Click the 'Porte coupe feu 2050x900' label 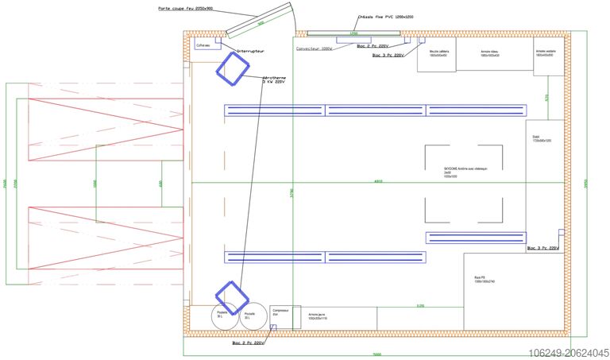[x=186, y=10]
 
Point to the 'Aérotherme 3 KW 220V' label [x=274, y=79]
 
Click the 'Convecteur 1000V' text [x=314, y=48]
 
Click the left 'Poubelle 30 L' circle [x=223, y=315]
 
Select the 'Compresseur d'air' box [x=280, y=316]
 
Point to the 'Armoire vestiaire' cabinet [x=548, y=56]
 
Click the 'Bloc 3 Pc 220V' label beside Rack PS [x=543, y=249]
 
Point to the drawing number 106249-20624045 [x=567, y=351]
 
